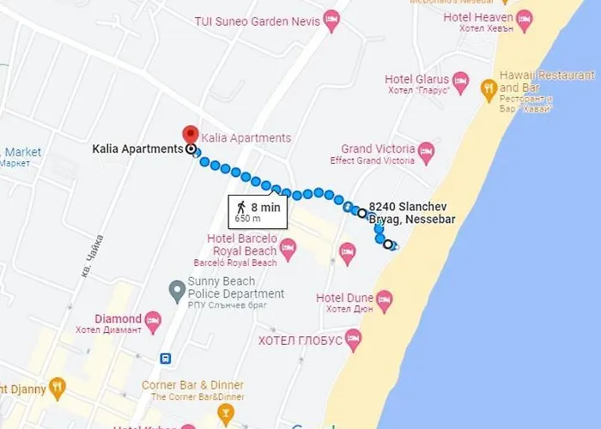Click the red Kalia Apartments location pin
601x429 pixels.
click(x=190, y=136)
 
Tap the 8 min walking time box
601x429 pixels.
click(x=258, y=210)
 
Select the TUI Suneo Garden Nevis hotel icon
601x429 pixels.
click(x=331, y=21)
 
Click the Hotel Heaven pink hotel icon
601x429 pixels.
click(x=524, y=18)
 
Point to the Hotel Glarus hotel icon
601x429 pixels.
click(x=461, y=82)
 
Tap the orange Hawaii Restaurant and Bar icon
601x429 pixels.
click(x=489, y=87)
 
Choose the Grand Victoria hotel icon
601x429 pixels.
click(x=427, y=153)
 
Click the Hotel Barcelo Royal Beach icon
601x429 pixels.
click(x=288, y=250)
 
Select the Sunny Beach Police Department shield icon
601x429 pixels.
click(x=176, y=288)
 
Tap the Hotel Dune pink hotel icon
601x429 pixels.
click(x=384, y=301)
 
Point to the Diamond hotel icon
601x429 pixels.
click(x=154, y=322)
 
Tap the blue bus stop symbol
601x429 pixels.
click(x=165, y=358)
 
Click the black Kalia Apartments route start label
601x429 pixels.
click(x=137, y=148)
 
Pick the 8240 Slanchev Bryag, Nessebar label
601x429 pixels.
click(x=411, y=214)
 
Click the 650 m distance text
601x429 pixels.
click(x=247, y=218)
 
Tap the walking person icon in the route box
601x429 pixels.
click(x=241, y=207)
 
